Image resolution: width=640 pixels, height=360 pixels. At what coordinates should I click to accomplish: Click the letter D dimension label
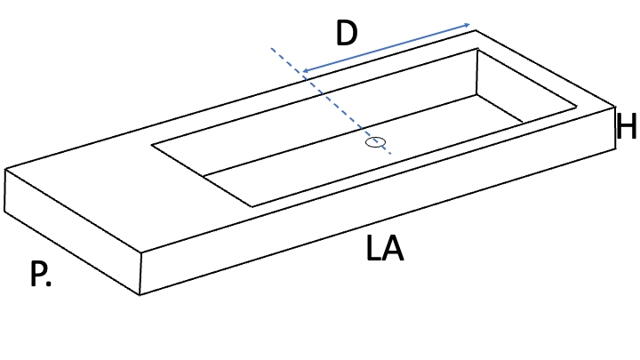pyautogui.click(x=347, y=33)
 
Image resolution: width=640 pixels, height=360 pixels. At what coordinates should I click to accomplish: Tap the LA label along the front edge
pyautogui.click(x=385, y=248)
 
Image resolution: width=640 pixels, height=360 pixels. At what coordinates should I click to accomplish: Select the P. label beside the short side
pyautogui.click(x=40, y=274)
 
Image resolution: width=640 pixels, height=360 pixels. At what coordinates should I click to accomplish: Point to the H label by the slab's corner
pyautogui.click(x=627, y=126)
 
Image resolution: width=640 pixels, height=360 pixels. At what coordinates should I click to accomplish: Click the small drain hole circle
pyautogui.click(x=375, y=142)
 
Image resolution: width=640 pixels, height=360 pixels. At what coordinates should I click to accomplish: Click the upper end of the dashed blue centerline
pyautogui.click(x=271, y=48)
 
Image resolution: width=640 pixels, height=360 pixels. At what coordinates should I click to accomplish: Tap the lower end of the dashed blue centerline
pyautogui.click(x=391, y=154)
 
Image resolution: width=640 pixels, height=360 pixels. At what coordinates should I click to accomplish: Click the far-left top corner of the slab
pyautogui.click(x=5, y=169)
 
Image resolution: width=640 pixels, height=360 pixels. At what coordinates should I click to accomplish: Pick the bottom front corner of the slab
pyautogui.click(x=140, y=295)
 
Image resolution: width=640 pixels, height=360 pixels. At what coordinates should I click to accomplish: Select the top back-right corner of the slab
pyautogui.click(x=475, y=30)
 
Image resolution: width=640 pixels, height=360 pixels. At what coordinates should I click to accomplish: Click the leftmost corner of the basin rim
pyautogui.click(x=151, y=145)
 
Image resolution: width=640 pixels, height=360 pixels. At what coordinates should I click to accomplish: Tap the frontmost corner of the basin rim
pyautogui.click(x=252, y=206)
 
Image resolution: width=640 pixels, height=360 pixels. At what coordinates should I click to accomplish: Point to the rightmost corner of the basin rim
pyautogui.click(x=576, y=108)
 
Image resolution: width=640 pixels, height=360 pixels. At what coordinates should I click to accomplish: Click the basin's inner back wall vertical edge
pyautogui.click(x=476, y=72)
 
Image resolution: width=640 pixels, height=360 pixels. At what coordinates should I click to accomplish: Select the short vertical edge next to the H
pyautogui.click(x=615, y=127)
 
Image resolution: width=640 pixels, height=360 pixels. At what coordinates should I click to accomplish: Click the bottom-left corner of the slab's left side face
pyautogui.click(x=5, y=212)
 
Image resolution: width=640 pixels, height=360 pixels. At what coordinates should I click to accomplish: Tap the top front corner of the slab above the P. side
pyautogui.click(x=141, y=252)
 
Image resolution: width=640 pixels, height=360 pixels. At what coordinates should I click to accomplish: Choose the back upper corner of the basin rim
pyautogui.click(x=477, y=49)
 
